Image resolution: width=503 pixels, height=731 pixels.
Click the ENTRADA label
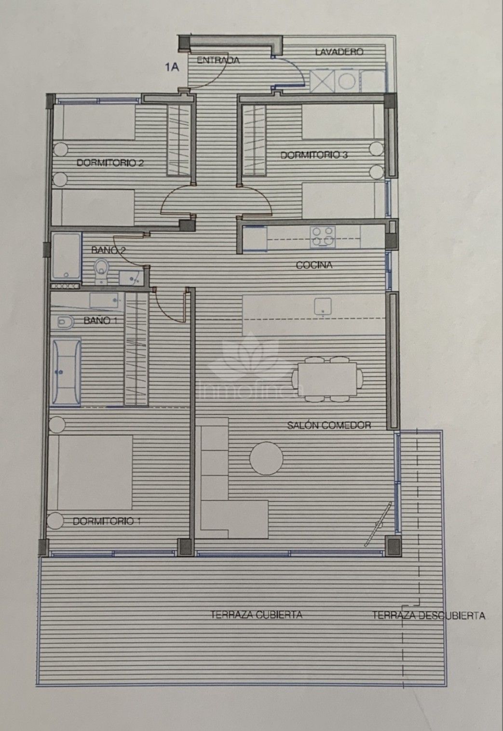[218, 60]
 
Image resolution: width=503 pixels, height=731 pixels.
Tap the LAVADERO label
[339, 52]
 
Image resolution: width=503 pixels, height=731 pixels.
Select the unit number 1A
[172, 67]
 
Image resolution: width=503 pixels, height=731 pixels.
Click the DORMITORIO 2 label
[110, 163]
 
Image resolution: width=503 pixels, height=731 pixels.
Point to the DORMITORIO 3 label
[314, 155]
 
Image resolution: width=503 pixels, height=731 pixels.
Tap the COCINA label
[314, 265]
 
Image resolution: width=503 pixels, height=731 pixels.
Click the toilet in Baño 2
[101, 268]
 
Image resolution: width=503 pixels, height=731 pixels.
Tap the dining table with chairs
[327, 379]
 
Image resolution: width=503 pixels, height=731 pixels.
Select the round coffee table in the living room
[266, 459]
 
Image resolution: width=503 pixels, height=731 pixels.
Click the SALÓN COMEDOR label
[329, 425]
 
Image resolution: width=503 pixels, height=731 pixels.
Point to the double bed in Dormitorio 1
[91, 472]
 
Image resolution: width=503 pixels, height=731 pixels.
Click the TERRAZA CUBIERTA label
[256, 614]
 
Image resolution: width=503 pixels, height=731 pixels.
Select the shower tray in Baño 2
[66, 256]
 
